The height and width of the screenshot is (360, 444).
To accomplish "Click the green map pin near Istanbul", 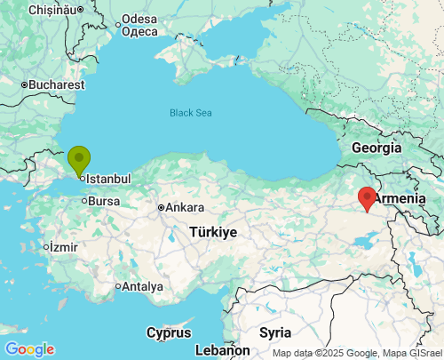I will pyautogui.click(x=79, y=160).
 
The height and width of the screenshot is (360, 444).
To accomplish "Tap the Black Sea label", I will pyautogui.click(x=191, y=113).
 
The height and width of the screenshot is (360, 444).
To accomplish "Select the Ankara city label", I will pyautogui.click(x=185, y=208).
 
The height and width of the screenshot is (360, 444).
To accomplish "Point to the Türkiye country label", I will pyautogui.click(x=212, y=232).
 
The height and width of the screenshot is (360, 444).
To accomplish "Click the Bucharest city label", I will pyautogui.click(x=56, y=85).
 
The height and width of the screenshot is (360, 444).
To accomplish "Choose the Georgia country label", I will pyautogui.click(x=377, y=148).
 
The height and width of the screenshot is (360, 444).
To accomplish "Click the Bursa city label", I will pyautogui.click(x=104, y=201).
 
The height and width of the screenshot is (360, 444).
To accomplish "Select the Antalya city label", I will pyautogui.click(x=143, y=286).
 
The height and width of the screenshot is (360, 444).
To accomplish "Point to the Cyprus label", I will pyautogui.click(x=169, y=333).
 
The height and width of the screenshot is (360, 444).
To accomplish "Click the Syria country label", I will pyautogui.click(x=275, y=332).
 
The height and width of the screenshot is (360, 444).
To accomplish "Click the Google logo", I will pyautogui.click(x=29, y=349).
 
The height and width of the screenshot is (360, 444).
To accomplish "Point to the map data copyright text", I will pyautogui.click(x=356, y=353).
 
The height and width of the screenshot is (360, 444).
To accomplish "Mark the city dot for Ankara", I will pyautogui.click(x=161, y=208).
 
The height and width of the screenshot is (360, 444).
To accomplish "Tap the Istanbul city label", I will pyautogui.click(x=108, y=179).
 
